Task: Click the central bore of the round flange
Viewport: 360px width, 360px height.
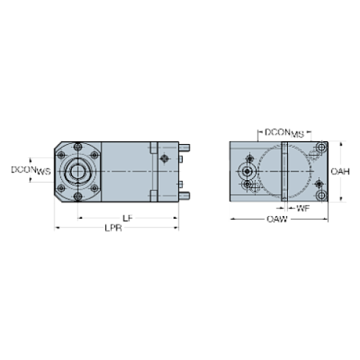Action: (76, 171)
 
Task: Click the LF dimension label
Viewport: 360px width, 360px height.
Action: (127, 217)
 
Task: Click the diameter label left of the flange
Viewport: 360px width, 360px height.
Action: (30, 170)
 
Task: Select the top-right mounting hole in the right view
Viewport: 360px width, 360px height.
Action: (320, 149)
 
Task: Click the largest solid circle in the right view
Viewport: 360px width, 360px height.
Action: (248, 171)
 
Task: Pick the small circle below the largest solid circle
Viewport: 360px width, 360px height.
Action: (248, 184)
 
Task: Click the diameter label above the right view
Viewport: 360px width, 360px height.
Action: (284, 133)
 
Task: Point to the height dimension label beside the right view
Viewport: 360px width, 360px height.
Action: (340, 171)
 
